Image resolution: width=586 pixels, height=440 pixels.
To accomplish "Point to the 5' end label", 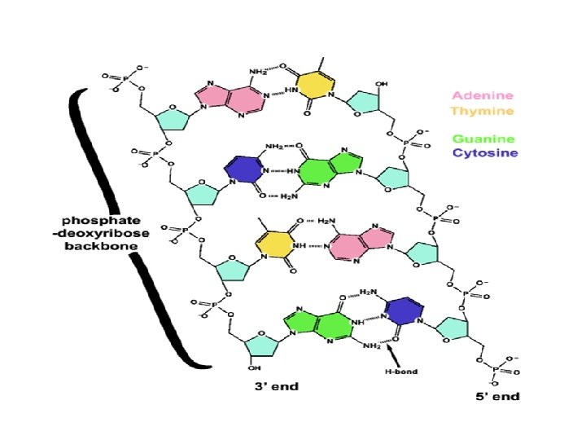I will tap(498, 397).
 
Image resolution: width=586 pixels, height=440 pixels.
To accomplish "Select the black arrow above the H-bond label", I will tap(393, 354).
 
